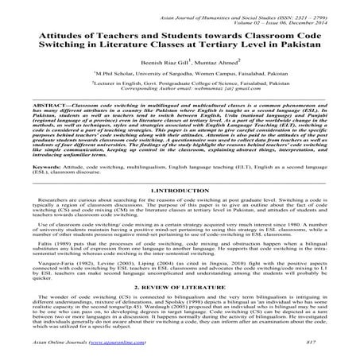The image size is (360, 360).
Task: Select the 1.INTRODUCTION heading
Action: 180,214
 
